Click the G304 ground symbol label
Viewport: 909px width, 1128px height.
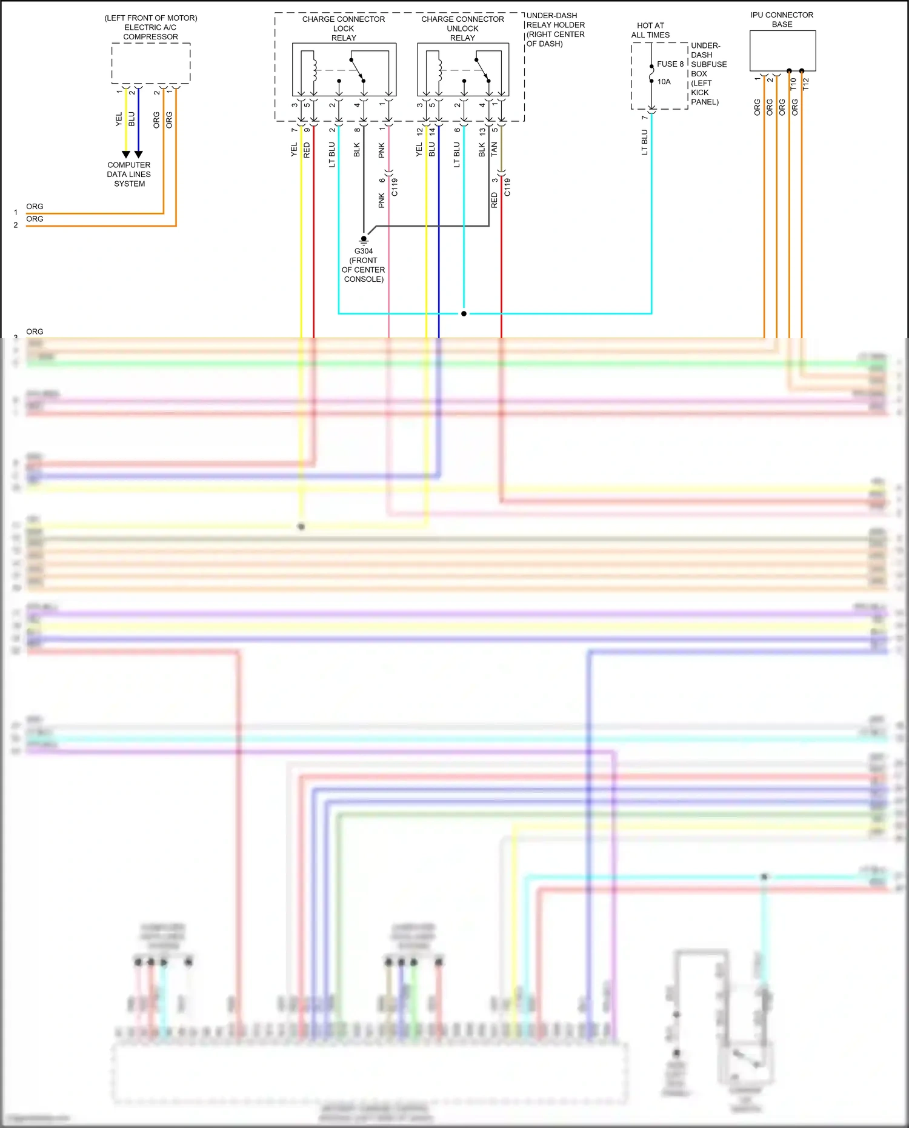click(x=364, y=251)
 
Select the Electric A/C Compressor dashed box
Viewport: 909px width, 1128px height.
click(x=151, y=63)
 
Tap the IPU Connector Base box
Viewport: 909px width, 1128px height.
click(x=782, y=51)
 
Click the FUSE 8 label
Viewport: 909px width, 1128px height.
click(x=670, y=64)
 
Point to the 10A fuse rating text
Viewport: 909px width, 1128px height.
click(x=664, y=82)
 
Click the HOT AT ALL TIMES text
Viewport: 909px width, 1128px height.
click(x=650, y=30)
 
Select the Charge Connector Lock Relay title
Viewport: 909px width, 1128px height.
click(x=344, y=28)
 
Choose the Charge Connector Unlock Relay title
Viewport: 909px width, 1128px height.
click(x=462, y=28)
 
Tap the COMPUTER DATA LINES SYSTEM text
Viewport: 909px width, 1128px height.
click(x=129, y=175)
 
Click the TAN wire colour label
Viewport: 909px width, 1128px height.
click(x=494, y=149)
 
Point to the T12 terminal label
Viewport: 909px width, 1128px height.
click(x=805, y=84)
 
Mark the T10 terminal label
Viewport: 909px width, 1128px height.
click(x=793, y=84)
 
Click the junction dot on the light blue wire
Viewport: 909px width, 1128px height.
click(x=464, y=313)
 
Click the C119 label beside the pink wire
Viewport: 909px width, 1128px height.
click(x=395, y=187)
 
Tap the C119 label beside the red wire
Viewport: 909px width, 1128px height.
click(x=507, y=187)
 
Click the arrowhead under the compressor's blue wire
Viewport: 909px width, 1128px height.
click(x=138, y=155)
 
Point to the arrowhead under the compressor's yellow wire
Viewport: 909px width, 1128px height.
click(x=126, y=155)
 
